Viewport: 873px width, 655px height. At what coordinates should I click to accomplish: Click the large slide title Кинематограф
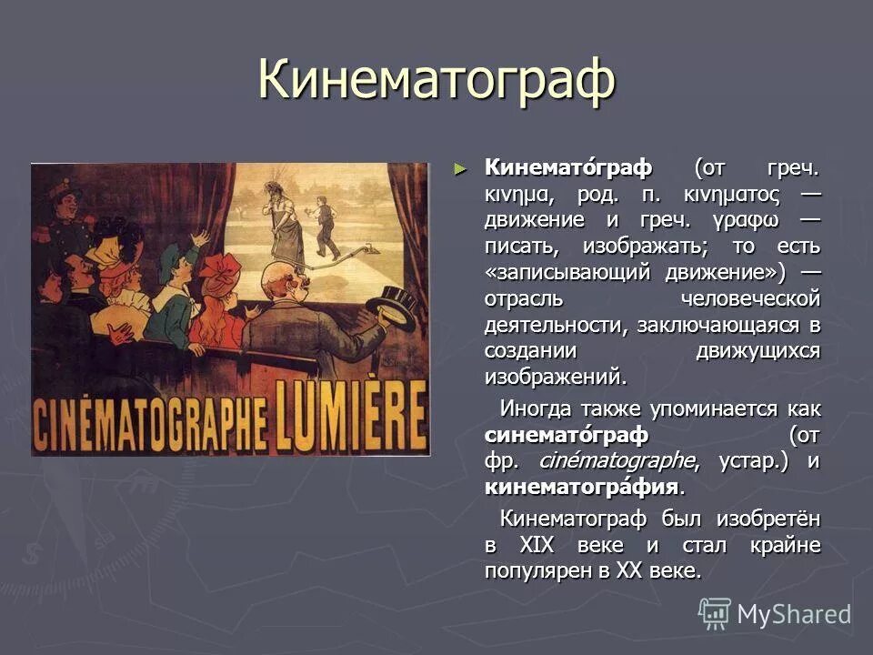[x=436, y=81]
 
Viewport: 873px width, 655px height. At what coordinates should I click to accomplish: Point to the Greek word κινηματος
[x=721, y=194]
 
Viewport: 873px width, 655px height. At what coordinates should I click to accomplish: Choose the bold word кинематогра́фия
[x=582, y=487]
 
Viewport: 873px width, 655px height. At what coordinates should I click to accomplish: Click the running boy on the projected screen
[x=325, y=227]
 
